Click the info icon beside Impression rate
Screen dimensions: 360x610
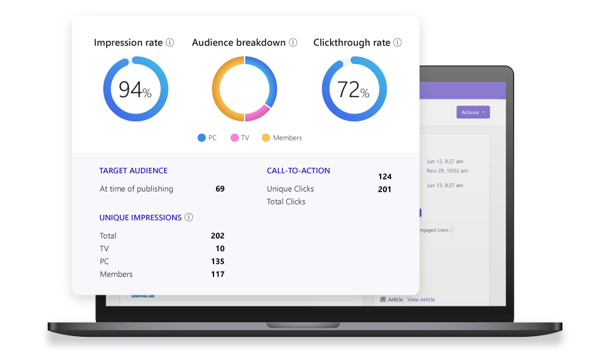170,43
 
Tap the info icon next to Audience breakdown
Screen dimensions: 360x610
293,43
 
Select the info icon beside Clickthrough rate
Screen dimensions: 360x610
398,43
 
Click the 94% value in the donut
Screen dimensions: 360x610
135,90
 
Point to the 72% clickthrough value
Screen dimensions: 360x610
353,90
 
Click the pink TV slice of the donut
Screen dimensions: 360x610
257,112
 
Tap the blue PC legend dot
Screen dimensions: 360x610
201,138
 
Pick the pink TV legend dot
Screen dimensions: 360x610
234,138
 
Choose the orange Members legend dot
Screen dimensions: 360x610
266,138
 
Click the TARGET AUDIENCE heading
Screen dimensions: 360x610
133,171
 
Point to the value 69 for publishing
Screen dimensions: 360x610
220,189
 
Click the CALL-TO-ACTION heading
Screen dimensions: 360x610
298,171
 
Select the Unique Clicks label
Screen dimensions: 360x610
290,189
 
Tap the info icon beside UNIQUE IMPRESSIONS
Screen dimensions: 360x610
189,217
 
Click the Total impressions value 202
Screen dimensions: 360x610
217,236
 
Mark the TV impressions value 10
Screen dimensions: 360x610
220,248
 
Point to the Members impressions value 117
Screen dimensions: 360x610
217,275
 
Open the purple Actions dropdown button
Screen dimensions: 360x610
473,112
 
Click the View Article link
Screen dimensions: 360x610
421,300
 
